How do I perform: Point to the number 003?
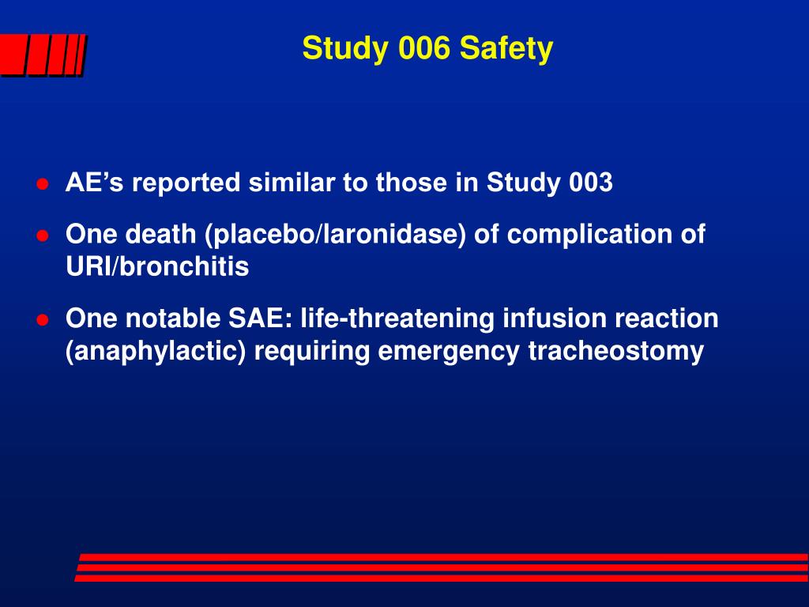(x=590, y=183)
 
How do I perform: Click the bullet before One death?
(x=43, y=236)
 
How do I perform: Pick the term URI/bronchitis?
(x=156, y=267)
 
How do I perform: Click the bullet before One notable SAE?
(x=43, y=320)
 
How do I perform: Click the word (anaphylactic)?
(x=156, y=352)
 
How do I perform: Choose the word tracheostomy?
(x=615, y=352)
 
